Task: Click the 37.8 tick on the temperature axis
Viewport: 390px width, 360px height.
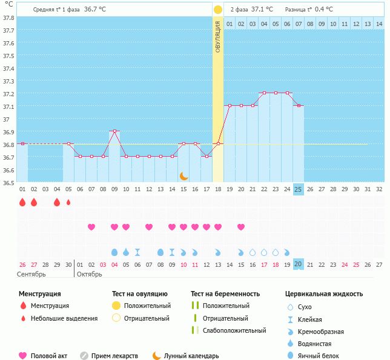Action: tap(8, 18)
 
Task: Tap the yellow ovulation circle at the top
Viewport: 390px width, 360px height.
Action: tap(217, 10)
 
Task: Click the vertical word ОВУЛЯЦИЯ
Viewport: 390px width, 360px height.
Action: tap(217, 36)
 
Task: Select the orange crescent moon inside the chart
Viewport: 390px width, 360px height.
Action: tap(183, 175)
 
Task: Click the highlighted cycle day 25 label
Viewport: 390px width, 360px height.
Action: tap(298, 189)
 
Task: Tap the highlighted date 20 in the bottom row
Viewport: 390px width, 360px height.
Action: tap(298, 264)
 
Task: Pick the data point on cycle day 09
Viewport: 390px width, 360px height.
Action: tap(114, 131)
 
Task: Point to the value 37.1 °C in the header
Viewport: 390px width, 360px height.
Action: tap(262, 10)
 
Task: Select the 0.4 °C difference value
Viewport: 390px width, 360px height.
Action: tap(324, 10)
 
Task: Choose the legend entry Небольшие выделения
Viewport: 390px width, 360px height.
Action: tap(64, 318)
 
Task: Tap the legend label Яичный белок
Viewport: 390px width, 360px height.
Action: tap(319, 356)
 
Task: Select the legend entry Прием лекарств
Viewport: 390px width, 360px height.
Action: tap(114, 356)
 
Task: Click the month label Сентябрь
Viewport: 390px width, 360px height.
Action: tap(31, 274)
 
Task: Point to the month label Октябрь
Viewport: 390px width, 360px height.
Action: tap(90, 274)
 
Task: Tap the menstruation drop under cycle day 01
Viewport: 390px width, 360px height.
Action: tap(22, 202)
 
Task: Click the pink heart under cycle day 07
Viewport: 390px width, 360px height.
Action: tap(91, 227)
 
